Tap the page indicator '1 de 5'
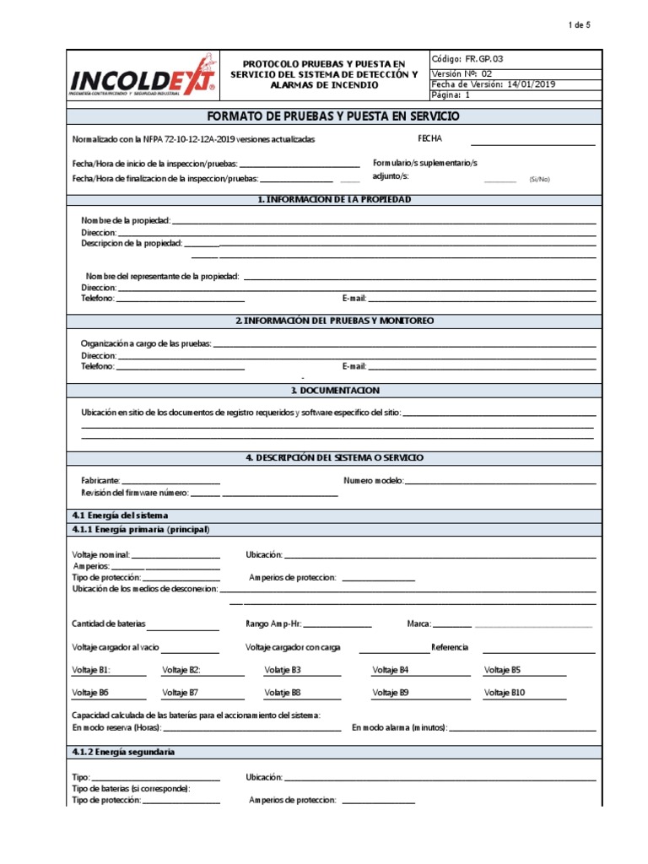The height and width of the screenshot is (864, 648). (x=579, y=25)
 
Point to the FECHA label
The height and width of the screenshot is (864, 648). (x=429, y=138)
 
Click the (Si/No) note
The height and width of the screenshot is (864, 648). (x=539, y=179)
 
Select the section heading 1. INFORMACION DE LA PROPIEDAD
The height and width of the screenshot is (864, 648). (x=334, y=199)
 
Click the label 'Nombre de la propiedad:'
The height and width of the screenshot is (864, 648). (x=126, y=220)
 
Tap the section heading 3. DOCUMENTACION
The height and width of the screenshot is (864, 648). (x=334, y=391)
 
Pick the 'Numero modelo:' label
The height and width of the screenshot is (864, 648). (x=374, y=480)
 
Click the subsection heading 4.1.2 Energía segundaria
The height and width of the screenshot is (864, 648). (x=124, y=751)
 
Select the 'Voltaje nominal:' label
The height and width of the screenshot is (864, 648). (x=101, y=554)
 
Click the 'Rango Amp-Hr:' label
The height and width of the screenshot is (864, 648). (x=273, y=624)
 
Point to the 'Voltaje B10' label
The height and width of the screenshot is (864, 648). (x=505, y=692)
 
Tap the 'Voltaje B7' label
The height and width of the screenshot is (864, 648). (x=181, y=692)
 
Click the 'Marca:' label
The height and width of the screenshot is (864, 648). (x=419, y=624)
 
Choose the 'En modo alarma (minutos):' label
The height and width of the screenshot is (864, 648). (x=400, y=726)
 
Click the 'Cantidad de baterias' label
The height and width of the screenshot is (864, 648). (x=109, y=624)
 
